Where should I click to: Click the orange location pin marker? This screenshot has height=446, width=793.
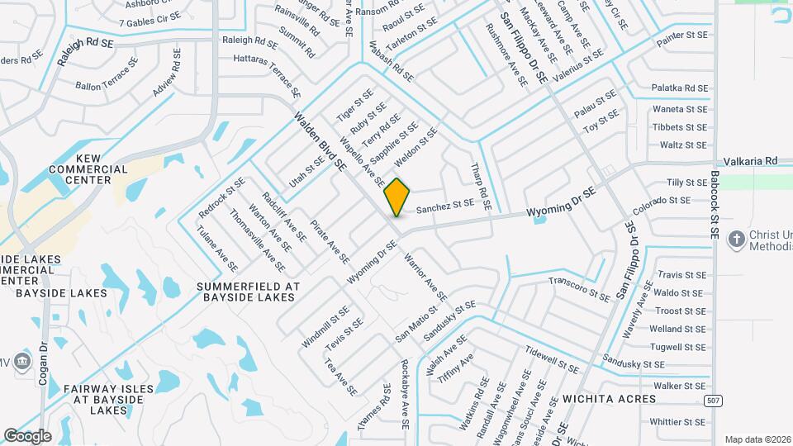(x=396, y=197)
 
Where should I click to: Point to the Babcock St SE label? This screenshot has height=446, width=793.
(x=715, y=205)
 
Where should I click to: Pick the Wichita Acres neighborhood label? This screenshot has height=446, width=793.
(x=609, y=399)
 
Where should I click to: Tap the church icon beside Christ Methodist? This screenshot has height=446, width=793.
(x=735, y=240)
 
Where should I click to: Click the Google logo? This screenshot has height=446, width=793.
(x=27, y=436)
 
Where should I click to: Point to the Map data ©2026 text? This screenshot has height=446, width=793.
(x=757, y=439)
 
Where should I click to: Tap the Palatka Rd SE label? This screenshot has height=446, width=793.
(x=679, y=88)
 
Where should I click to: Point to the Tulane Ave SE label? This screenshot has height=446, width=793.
(x=217, y=250)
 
